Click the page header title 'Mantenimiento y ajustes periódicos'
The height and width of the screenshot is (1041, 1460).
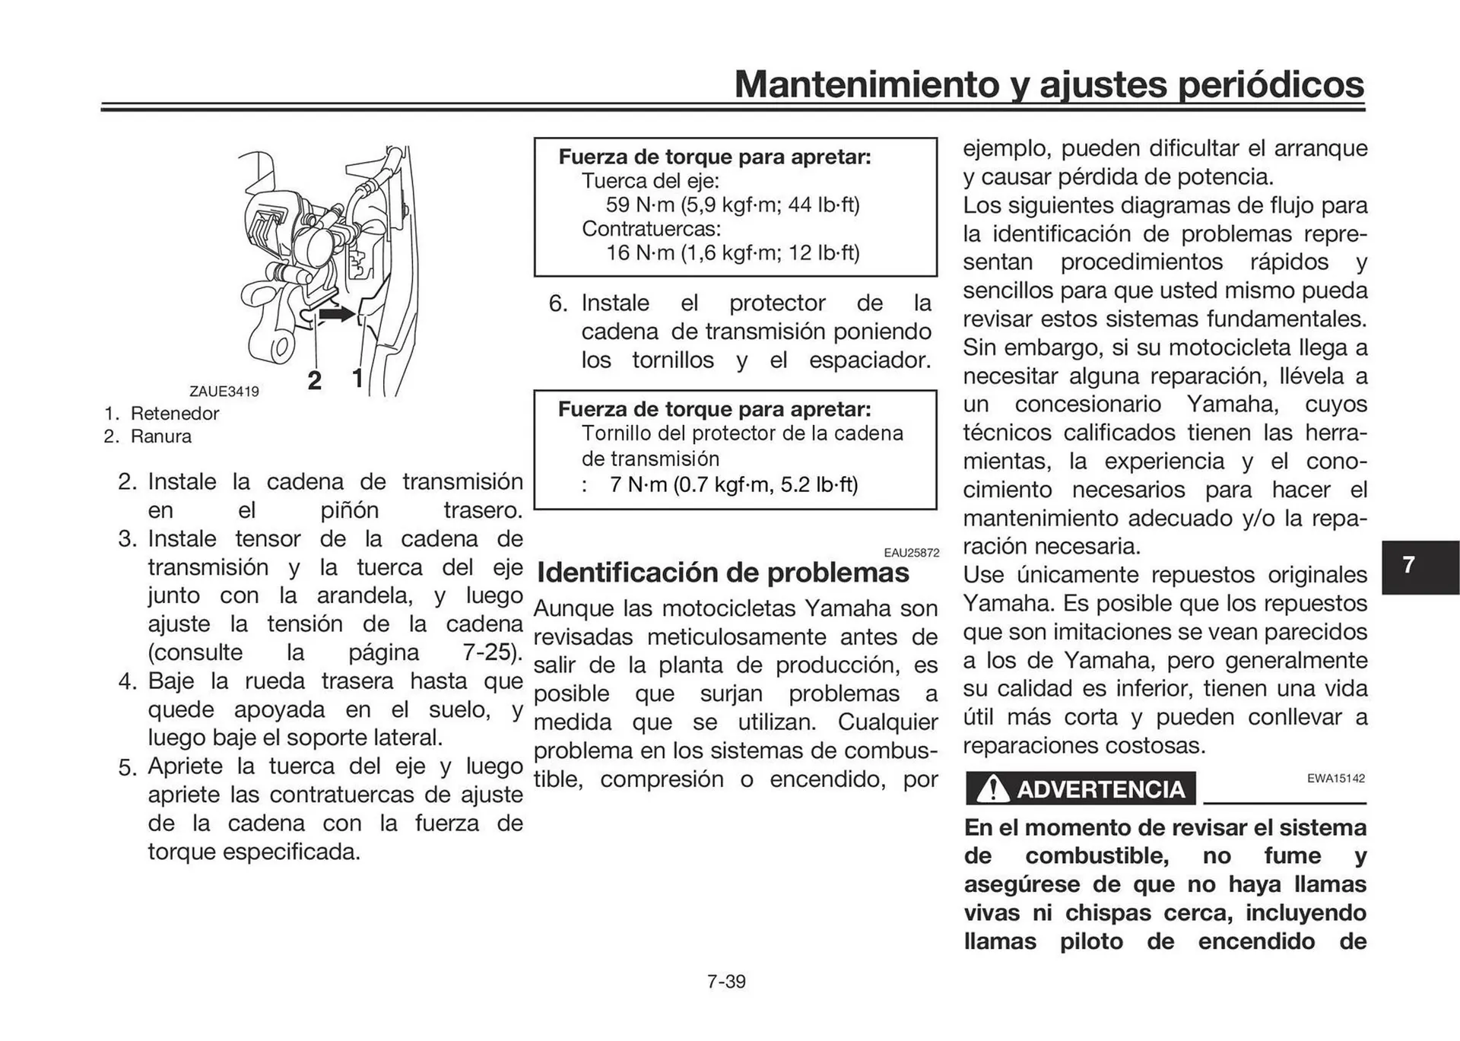1049,84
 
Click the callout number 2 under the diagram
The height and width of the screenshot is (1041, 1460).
314,380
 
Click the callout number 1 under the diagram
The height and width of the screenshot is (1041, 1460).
357,378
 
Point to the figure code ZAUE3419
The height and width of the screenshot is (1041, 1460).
224,392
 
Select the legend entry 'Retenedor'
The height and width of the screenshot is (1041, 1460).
174,414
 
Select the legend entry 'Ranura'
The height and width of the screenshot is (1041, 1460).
160,436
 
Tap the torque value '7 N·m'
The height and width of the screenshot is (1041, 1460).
637,484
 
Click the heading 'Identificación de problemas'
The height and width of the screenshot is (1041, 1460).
722,573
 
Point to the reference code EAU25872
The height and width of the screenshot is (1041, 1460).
911,553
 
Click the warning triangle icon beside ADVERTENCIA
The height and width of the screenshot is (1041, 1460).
992,789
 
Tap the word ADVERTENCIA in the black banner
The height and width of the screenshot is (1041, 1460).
1100,789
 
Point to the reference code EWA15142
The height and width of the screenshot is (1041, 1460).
1335,779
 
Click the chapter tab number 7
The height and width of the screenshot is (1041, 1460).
1408,565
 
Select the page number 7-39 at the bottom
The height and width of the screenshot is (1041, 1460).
726,982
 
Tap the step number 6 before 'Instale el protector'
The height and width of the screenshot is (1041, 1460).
557,303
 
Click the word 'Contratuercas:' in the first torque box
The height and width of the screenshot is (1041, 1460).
651,229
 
